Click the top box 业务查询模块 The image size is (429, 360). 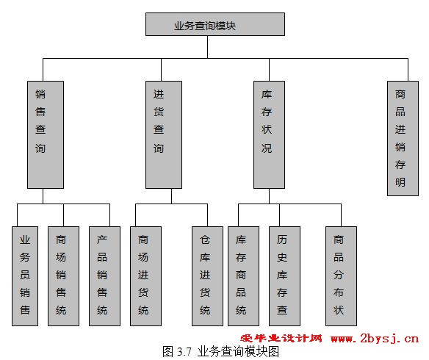tap(215, 24)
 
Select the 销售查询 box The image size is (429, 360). tap(46, 134)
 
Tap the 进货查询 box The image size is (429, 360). tap(164, 134)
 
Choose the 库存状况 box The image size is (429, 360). tap(269, 134)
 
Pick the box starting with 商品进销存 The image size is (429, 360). tap(403, 138)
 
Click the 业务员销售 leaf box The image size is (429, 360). tap(25, 276)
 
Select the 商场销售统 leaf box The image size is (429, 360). tap(63, 276)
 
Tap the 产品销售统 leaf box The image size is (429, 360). tap(104, 276)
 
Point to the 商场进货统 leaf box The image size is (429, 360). tap(146, 276)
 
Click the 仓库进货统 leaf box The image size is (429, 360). tap(207, 276)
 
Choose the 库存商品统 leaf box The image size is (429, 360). tap(243, 276)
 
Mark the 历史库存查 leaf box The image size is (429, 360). tap(284, 276)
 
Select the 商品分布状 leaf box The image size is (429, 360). tap(341, 276)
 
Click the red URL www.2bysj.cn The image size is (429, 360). tap(375, 339)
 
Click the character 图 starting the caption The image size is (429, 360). tap(167, 351)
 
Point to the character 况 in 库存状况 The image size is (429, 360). tap(267, 148)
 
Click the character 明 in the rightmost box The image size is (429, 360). tap(400, 182)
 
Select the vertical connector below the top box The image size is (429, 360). tap(207, 47)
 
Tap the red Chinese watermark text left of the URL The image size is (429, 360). tap(281, 339)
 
